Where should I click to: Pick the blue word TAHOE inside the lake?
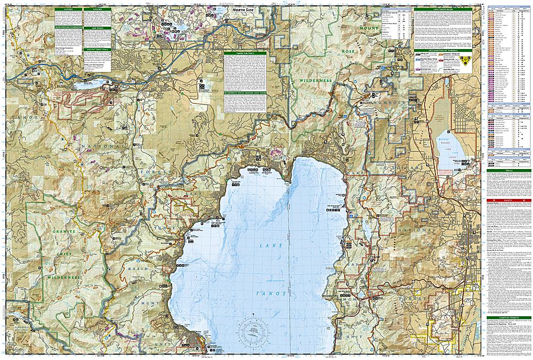coord(276,294)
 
